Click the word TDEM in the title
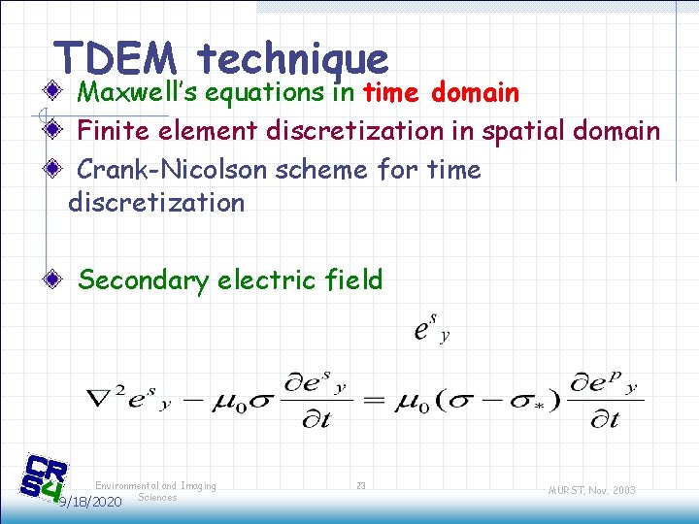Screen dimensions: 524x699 (x=116, y=58)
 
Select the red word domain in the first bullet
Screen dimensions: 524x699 (x=475, y=93)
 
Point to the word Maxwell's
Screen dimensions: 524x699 (x=139, y=93)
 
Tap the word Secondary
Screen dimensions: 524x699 (x=143, y=280)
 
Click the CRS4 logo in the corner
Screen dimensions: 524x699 (x=45, y=477)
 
